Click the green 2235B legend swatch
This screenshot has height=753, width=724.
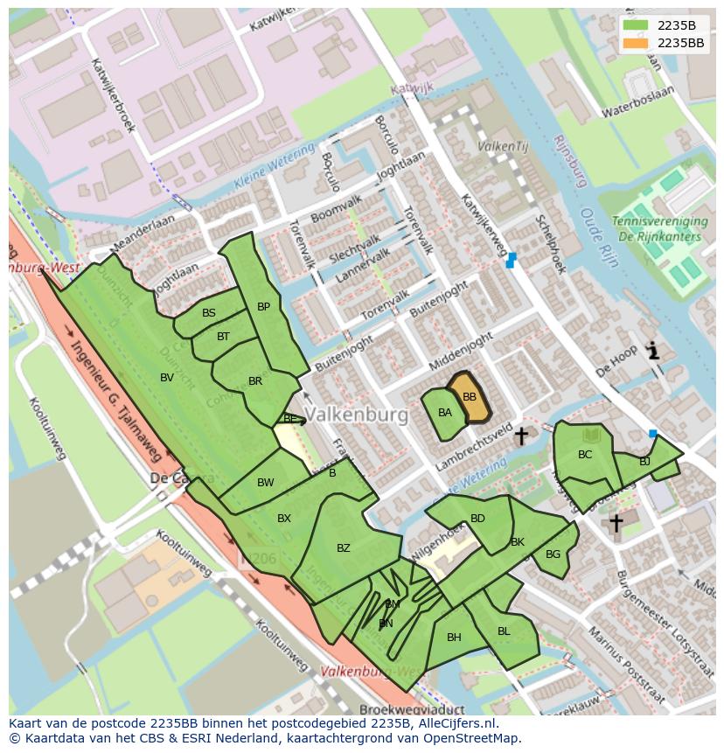coord(637,25)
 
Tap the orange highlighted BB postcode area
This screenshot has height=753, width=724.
coord(470,398)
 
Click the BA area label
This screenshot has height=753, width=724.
coord(445,413)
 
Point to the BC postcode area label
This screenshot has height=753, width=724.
coord(585,455)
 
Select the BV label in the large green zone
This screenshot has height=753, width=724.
coord(167,378)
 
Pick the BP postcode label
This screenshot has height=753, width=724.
coord(263,307)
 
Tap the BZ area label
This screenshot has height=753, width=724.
coord(343,548)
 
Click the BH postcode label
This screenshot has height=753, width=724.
coord(454,638)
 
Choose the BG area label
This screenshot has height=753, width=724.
coord(553,554)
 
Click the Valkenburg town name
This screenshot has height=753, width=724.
coord(358,415)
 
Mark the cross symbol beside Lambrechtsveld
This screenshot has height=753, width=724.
coord(521,435)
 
